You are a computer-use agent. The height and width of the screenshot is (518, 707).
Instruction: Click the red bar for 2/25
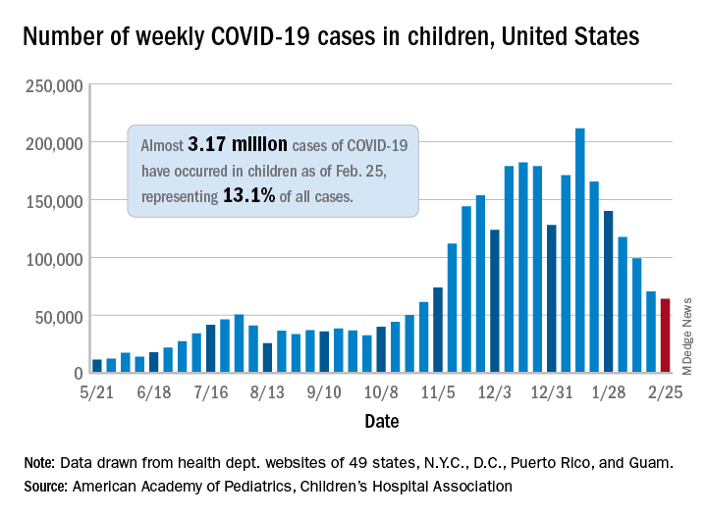(x=665, y=337)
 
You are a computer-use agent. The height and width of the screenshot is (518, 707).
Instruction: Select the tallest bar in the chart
(x=579, y=251)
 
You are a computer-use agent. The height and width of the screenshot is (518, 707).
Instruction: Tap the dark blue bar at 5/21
(x=96, y=366)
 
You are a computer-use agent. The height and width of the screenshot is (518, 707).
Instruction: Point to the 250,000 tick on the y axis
(x=51, y=85)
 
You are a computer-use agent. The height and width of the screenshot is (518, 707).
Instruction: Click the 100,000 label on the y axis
(x=51, y=258)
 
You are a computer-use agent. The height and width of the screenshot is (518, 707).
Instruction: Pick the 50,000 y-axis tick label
(x=55, y=316)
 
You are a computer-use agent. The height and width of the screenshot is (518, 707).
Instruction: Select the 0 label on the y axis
(x=76, y=374)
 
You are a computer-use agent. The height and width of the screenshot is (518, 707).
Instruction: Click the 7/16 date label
(x=210, y=392)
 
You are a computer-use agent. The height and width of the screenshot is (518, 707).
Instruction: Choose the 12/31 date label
(x=551, y=392)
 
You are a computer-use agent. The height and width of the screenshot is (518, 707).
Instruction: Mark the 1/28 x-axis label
(x=608, y=392)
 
